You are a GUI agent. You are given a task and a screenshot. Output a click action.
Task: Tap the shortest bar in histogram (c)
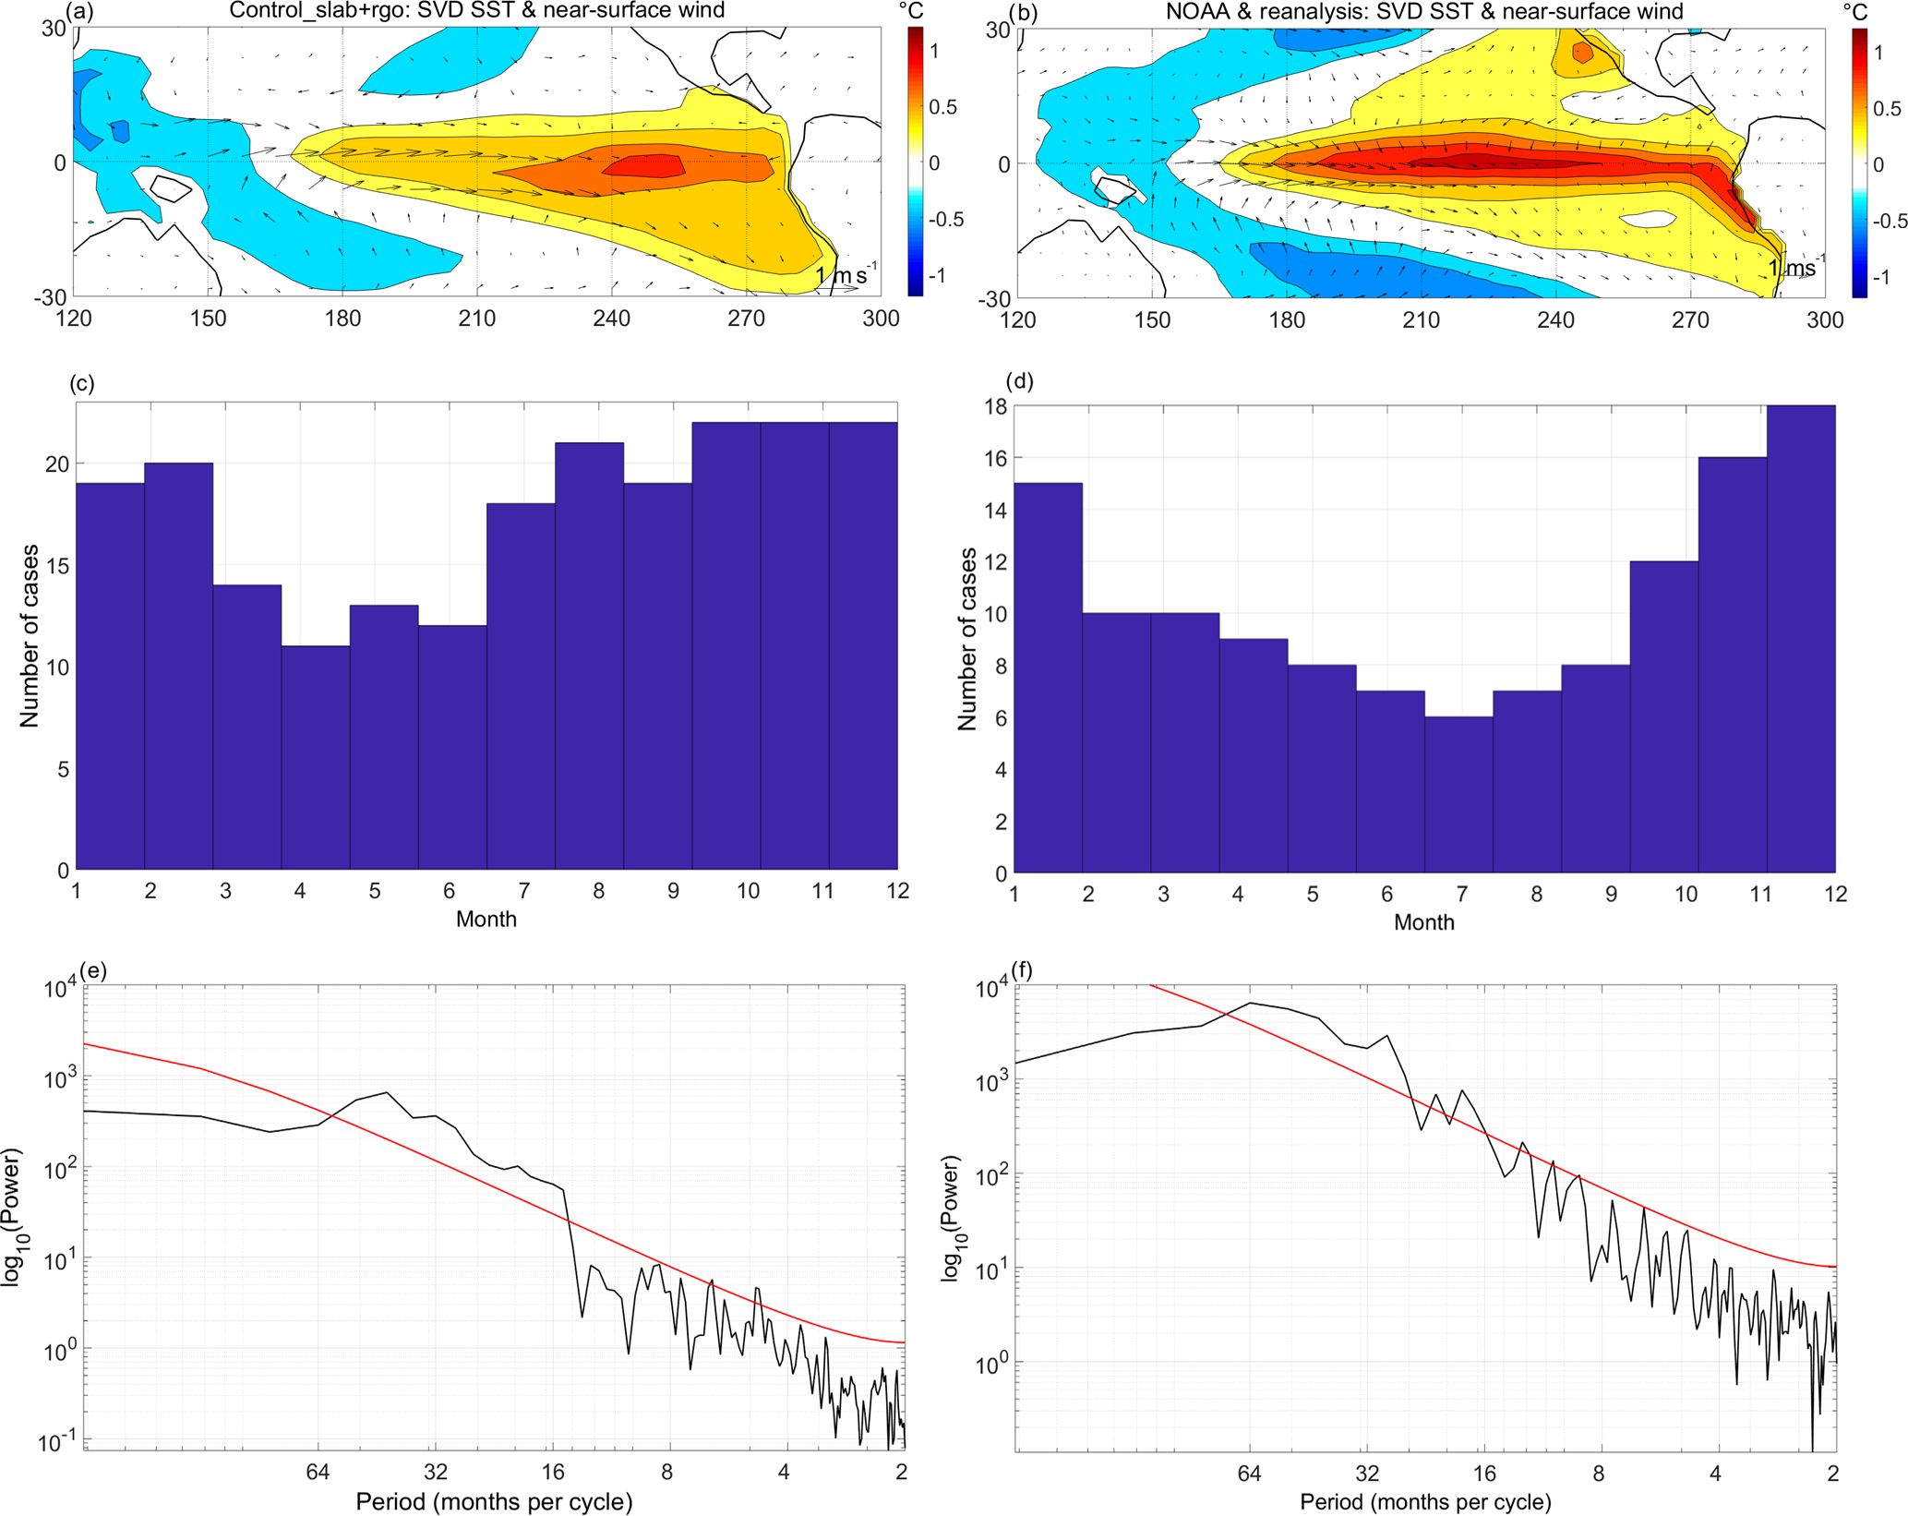pos(316,757)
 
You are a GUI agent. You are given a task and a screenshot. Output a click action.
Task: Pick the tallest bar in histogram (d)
pos(1800,637)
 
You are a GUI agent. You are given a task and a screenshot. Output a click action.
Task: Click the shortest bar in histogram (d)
pos(1458,794)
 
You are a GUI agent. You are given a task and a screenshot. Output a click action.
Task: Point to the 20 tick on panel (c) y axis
pos(57,464)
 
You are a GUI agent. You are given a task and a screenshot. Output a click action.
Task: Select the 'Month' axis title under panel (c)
pos(486,920)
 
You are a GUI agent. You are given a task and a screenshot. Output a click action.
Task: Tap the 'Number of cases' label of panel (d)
pos(967,639)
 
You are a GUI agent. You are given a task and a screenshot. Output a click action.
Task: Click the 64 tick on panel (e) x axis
pos(318,1472)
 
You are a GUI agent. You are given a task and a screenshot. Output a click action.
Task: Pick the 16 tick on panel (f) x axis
pos(1484,1474)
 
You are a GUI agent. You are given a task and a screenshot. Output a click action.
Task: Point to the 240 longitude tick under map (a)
pos(611,319)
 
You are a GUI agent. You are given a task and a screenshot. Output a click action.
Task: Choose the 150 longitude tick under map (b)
pos(1152,320)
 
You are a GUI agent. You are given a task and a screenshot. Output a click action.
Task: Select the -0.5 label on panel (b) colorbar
pos(1890,222)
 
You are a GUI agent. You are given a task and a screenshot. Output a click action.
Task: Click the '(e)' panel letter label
pos(93,970)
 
